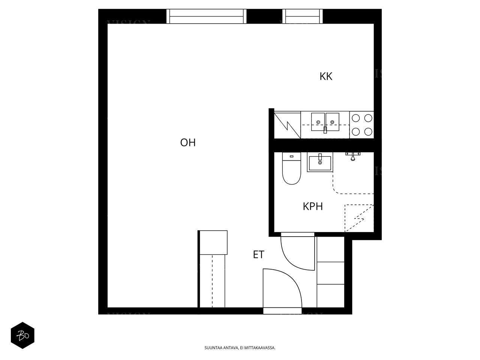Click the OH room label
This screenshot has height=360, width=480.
tap(188, 143)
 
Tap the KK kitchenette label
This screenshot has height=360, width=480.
tap(326, 76)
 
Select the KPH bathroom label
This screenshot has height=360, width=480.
tap(313, 206)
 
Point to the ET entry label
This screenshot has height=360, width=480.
tap(258, 255)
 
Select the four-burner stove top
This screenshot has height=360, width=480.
tap(362, 125)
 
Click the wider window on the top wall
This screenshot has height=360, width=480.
tap(207, 16)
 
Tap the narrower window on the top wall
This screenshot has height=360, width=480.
tap(303, 16)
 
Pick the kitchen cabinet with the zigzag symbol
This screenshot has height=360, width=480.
tap(287, 125)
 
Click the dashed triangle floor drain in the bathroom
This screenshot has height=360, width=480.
tap(358, 217)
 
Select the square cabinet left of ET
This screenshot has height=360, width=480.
tap(213, 242)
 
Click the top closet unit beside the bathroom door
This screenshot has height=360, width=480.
tap(330, 249)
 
